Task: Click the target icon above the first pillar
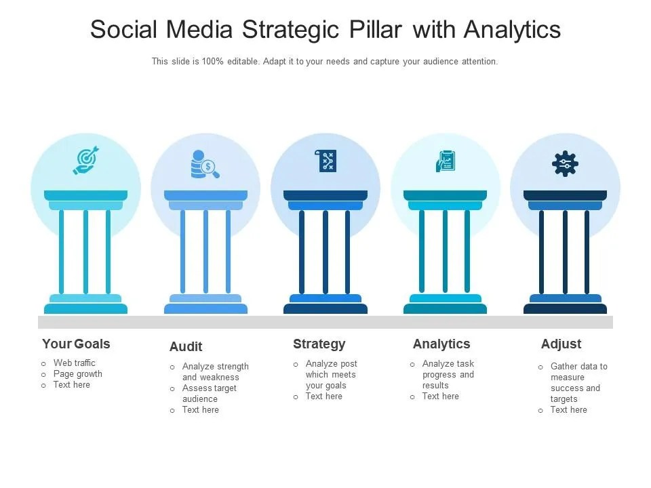[86, 161]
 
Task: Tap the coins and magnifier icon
[205, 164]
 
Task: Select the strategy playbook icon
[326, 161]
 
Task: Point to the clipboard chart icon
[446, 161]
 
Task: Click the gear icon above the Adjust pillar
[565, 163]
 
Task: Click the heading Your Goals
[76, 344]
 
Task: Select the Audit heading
[186, 346]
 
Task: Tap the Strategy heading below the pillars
[319, 344]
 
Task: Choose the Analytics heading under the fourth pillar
[441, 344]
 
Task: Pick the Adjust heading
[561, 344]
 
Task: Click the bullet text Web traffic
[75, 363]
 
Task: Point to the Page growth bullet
[78, 373]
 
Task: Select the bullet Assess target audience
[209, 394]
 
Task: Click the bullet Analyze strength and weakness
[215, 371]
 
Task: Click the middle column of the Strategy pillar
[325, 251]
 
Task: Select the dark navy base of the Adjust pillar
[565, 309]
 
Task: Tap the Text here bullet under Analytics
[440, 396]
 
